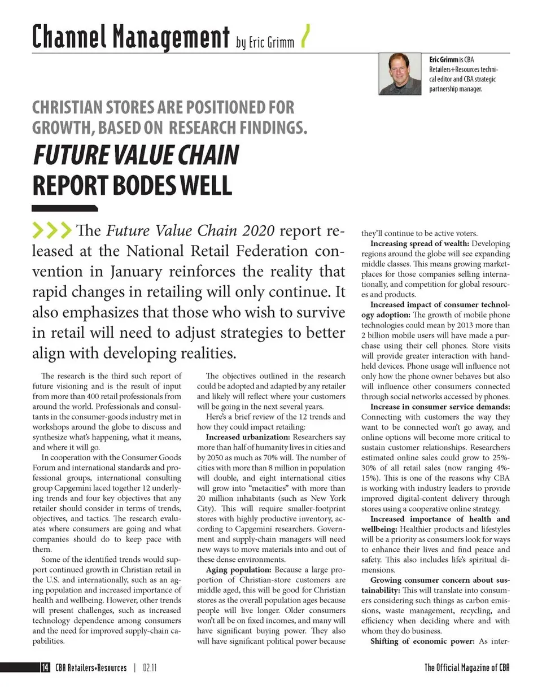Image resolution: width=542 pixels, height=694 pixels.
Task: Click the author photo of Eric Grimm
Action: click(x=400, y=74)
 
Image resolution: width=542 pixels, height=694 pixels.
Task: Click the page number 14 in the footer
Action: click(x=44, y=667)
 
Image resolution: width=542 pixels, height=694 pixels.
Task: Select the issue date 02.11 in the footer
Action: click(x=149, y=667)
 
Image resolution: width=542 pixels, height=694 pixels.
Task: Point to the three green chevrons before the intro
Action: click(x=52, y=230)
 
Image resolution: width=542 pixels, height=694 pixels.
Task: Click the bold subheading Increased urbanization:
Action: click(x=247, y=437)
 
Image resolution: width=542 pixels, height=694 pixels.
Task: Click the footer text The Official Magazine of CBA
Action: click(x=467, y=667)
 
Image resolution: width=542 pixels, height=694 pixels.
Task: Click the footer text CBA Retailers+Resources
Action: click(x=91, y=667)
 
